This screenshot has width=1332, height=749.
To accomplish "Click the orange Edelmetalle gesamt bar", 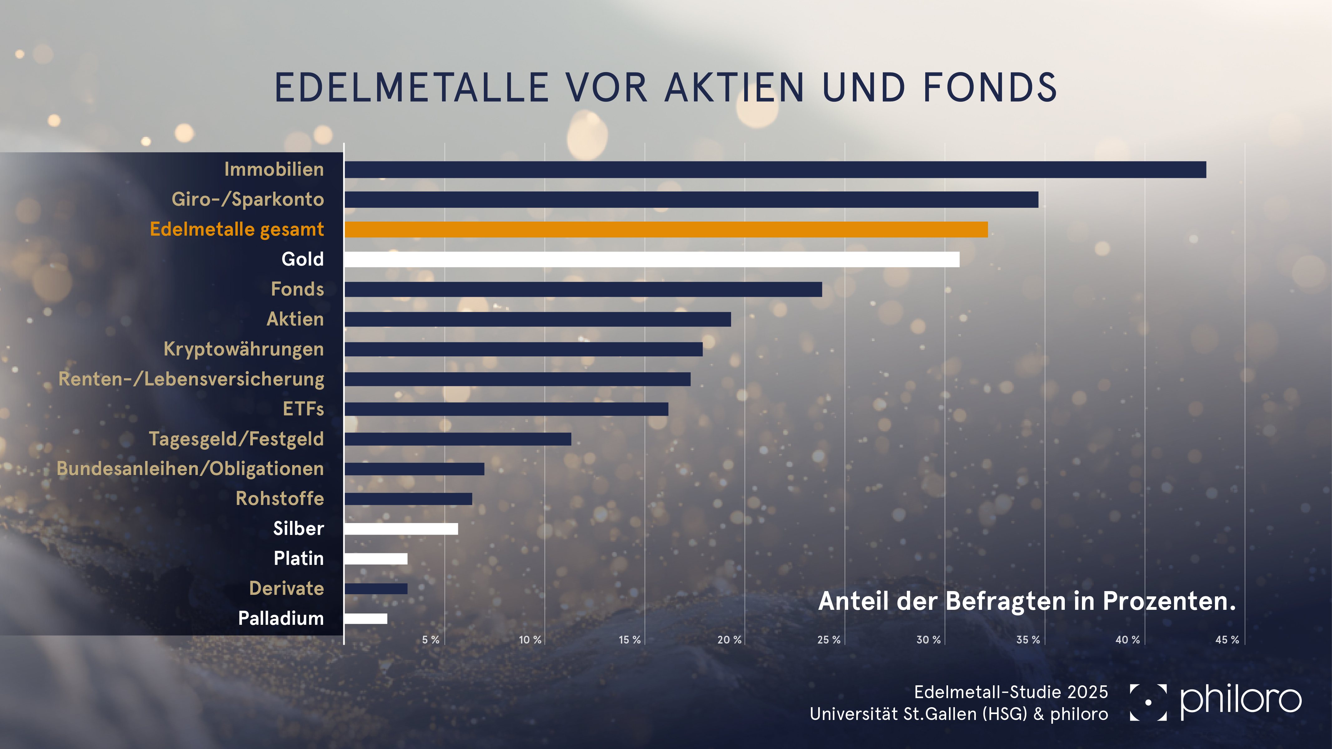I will tap(666, 229).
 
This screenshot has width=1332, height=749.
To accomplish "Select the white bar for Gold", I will tap(651, 259).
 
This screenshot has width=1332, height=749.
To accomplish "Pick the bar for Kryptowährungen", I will tap(523, 350).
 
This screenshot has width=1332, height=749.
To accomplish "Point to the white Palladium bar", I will tap(366, 619).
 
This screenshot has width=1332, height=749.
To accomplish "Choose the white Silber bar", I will tap(401, 529).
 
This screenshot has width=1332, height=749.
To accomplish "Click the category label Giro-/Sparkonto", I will tap(248, 199).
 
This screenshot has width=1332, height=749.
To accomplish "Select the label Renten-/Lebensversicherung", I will tap(191, 379).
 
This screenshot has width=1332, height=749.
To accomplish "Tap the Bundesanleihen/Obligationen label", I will tap(190, 469).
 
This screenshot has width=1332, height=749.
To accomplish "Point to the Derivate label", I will tap(287, 589).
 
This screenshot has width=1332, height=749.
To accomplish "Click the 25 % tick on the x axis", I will tap(828, 640).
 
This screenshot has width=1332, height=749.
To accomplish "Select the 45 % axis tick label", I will tap(1227, 640).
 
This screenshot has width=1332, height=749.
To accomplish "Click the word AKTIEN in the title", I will tap(734, 88).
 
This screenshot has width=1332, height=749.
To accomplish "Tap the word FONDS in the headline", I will tap(990, 88).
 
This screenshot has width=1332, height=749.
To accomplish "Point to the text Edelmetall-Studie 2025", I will tap(1011, 692).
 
